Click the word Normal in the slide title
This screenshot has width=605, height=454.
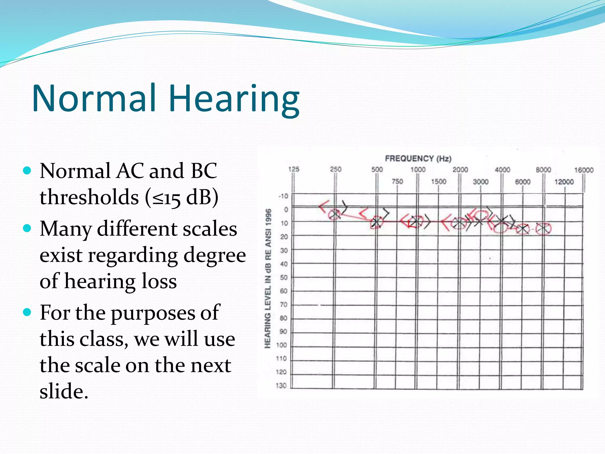tap(94, 98)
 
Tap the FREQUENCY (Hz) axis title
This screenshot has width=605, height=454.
tap(418, 159)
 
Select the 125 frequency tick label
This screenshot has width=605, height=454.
tap(294, 169)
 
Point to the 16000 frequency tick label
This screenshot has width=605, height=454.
tap(583, 170)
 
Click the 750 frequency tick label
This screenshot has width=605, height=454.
tap(397, 181)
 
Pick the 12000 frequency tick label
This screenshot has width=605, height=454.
tap(564, 182)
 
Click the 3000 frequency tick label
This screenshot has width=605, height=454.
tap(480, 182)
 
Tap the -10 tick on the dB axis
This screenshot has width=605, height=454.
tap(283, 196)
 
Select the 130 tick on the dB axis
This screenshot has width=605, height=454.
tap(281, 386)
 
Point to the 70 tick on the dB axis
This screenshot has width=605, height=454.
tap(283, 304)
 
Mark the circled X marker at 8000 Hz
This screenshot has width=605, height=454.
tap(543, 229)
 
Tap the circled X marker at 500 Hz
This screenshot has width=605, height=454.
tap(376, 222)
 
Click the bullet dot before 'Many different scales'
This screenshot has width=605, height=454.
tap(27, 228)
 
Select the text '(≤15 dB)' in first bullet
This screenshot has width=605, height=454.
tap(181, 197)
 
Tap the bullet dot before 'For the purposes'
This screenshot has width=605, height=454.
tap(27, 312)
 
